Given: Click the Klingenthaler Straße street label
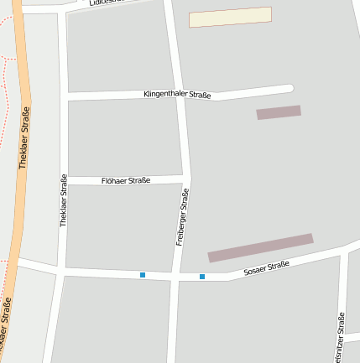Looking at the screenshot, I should (176, 96).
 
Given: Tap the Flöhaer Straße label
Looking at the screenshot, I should (125, 180).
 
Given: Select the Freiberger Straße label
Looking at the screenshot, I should (182, 216).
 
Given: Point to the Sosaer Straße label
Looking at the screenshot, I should (266, 269).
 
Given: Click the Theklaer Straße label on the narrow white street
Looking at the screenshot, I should (64, 200).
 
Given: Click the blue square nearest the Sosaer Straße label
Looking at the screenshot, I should (202, 277).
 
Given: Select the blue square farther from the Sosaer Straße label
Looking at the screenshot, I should (143, 275).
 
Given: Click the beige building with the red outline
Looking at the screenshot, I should (230, 17).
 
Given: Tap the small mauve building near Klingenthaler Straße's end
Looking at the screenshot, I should (279, 112).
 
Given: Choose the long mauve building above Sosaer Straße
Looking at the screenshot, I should (260, 247).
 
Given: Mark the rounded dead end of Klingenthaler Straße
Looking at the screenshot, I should (289, 88).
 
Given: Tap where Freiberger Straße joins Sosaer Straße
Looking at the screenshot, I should (176, 276).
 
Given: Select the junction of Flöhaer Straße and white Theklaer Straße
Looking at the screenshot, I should (65, 181).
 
